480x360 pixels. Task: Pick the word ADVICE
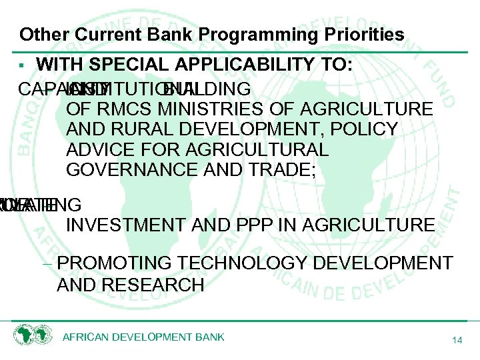pyautogui.click(x=98, y=149)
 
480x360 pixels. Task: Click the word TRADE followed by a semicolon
pyautogui.click(x=283, y=169)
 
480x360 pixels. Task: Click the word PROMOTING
pyautogui.click(x=110, y=263)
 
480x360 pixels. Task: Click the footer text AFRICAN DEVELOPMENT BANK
pyautogui.click(x=143, y=337)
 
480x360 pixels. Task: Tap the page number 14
pyautogui.click(x=457, y=340)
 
